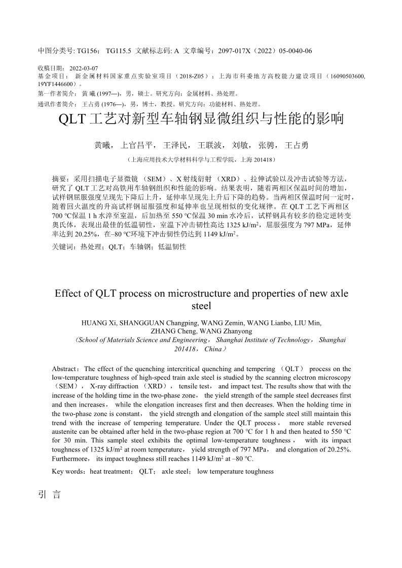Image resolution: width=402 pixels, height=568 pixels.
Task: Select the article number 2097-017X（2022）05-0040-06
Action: point(265,51)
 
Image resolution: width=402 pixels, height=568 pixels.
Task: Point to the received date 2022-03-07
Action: point(84,68)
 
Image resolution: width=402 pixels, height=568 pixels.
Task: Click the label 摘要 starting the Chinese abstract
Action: point(59,179)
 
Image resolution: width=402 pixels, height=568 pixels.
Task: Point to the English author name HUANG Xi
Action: point(99,323)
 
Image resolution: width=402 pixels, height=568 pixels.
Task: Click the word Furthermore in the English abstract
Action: point(71,459)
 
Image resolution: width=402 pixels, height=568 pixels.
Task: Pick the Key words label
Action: point(68,471)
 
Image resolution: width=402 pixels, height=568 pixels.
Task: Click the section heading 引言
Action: point(49,495)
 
